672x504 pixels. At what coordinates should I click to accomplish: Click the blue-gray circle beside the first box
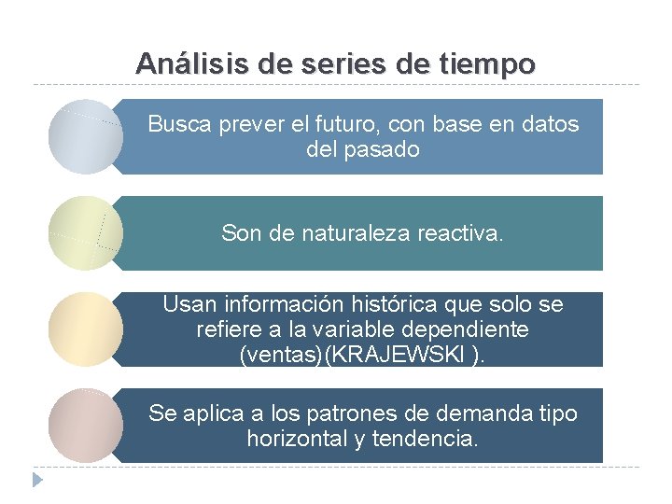click(85, 136)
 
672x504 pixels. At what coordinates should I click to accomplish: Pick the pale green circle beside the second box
click(85, 232)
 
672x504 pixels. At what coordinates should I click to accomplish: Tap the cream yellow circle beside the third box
click(85, 329)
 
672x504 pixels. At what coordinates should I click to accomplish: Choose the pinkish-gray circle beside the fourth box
click(85, 425)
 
